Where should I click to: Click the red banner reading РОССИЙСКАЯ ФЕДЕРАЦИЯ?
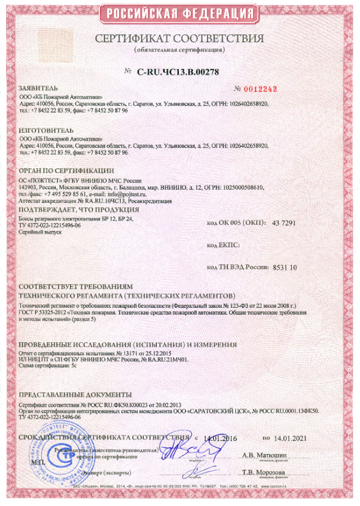pyautogui.click(x=179, y=13)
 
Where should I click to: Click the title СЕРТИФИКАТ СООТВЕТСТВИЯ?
pyautogui.click(x=179, y=39)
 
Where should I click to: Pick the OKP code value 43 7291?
pyautogui.click(x=284, y=224)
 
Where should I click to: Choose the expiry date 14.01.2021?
pyautogui.click(x=291, y=438)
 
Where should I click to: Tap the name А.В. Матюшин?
pyautogui.click(x=264, y=455)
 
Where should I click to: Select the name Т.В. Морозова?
pyautogui.click(x=264, y=472)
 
